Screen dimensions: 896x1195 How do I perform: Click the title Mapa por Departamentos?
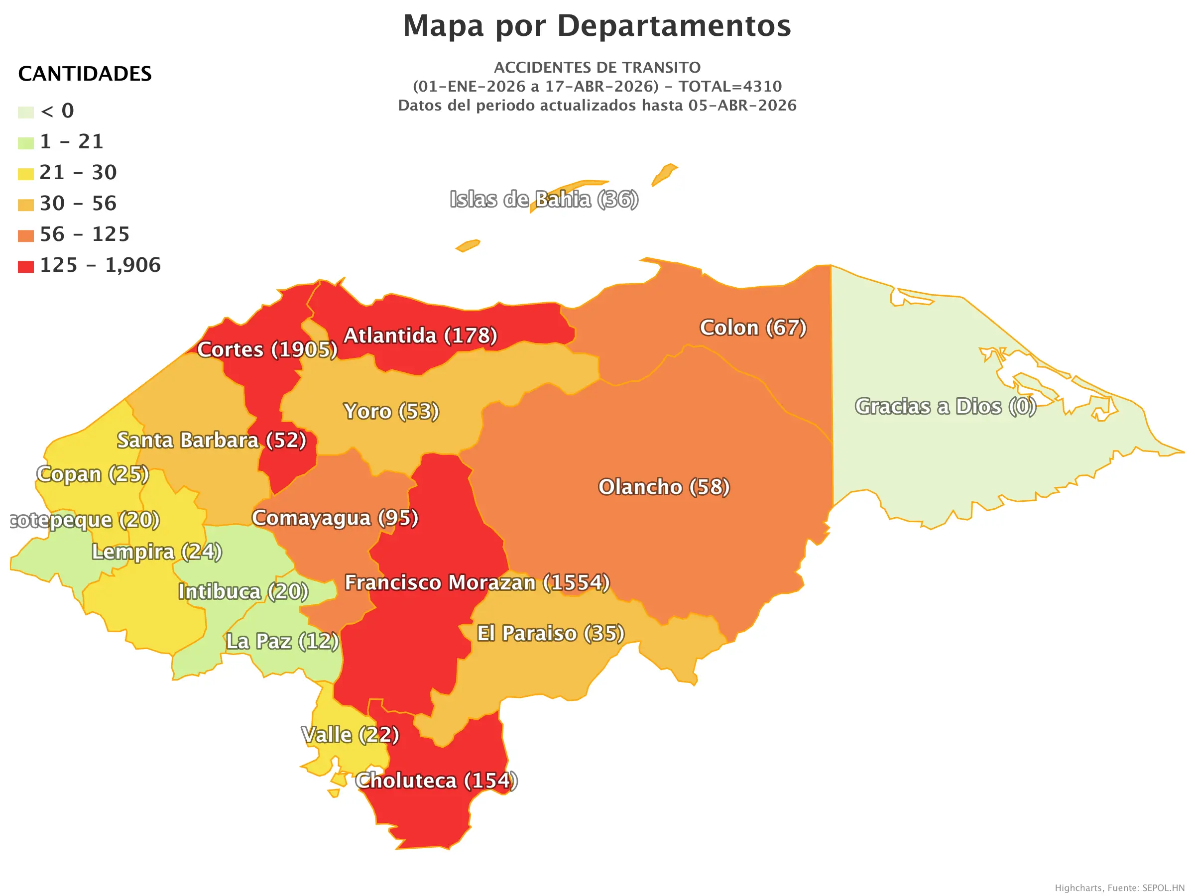(597, 26)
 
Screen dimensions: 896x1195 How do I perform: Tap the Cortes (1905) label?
(267, 349)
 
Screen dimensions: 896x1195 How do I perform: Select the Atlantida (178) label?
(420, 336)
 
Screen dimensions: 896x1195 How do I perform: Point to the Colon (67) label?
(753, 328)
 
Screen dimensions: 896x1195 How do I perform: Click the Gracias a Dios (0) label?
(945, 406)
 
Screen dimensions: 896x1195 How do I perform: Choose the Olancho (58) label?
(664, 487)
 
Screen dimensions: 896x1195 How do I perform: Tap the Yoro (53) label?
(391, 411)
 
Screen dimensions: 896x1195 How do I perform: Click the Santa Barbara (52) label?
(212, 440)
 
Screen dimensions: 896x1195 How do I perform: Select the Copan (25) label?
(93, 474)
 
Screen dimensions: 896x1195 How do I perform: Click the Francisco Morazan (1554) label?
(477, 582)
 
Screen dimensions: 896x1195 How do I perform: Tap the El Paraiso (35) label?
(551, 633)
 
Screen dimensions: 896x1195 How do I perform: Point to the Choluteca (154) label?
(437, 781)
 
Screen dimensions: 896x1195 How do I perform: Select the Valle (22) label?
(350, 735)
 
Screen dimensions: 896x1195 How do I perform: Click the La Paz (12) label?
(282, 641)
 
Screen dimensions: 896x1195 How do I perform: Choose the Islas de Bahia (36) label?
(544, 199)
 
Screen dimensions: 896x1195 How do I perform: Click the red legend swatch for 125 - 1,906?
(25, 266)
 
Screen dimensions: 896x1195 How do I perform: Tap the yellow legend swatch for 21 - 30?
(25, 174)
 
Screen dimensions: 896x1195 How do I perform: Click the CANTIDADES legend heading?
(85, 74)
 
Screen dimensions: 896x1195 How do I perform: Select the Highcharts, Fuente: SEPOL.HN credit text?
(1119, 888)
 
